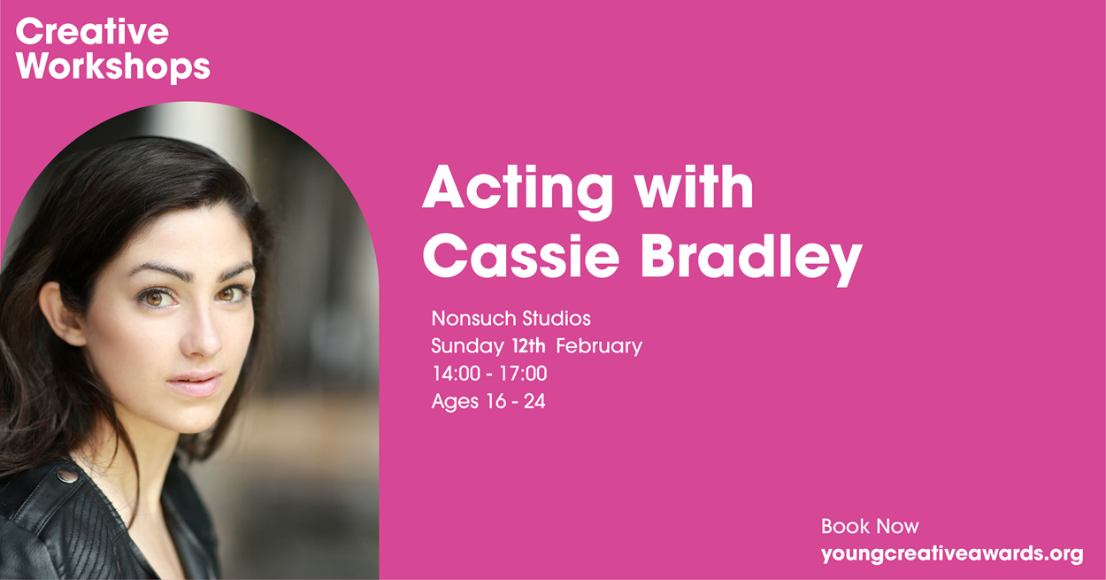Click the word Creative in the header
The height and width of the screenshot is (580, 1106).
(92, 32)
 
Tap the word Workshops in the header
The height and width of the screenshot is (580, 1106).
(113, 67)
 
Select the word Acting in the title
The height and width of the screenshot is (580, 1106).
(518, 190)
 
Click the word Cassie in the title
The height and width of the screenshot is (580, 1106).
(521, 257)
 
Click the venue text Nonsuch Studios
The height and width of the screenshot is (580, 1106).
(511, 319)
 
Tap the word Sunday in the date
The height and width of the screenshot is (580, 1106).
(467, 346)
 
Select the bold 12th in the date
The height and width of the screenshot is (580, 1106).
(529, 346)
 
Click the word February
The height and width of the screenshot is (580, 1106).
(599, 346)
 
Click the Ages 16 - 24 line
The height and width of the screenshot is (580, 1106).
(488, 401)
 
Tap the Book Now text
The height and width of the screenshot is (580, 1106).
(870, 527)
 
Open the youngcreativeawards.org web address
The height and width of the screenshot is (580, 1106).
(952, 553)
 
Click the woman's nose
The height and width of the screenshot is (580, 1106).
(203, 335)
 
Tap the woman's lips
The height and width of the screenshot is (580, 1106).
(194, 383)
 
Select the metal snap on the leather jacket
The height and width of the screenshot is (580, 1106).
(66, 476)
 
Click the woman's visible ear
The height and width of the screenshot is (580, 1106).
(61, 313)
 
